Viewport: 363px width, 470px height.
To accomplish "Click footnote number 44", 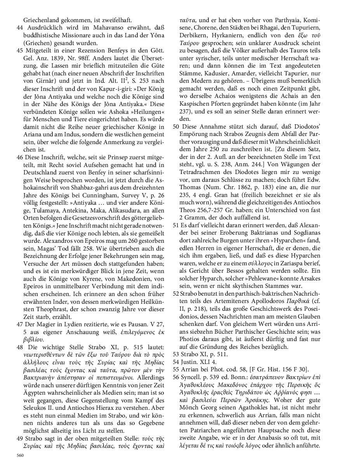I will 20,28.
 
